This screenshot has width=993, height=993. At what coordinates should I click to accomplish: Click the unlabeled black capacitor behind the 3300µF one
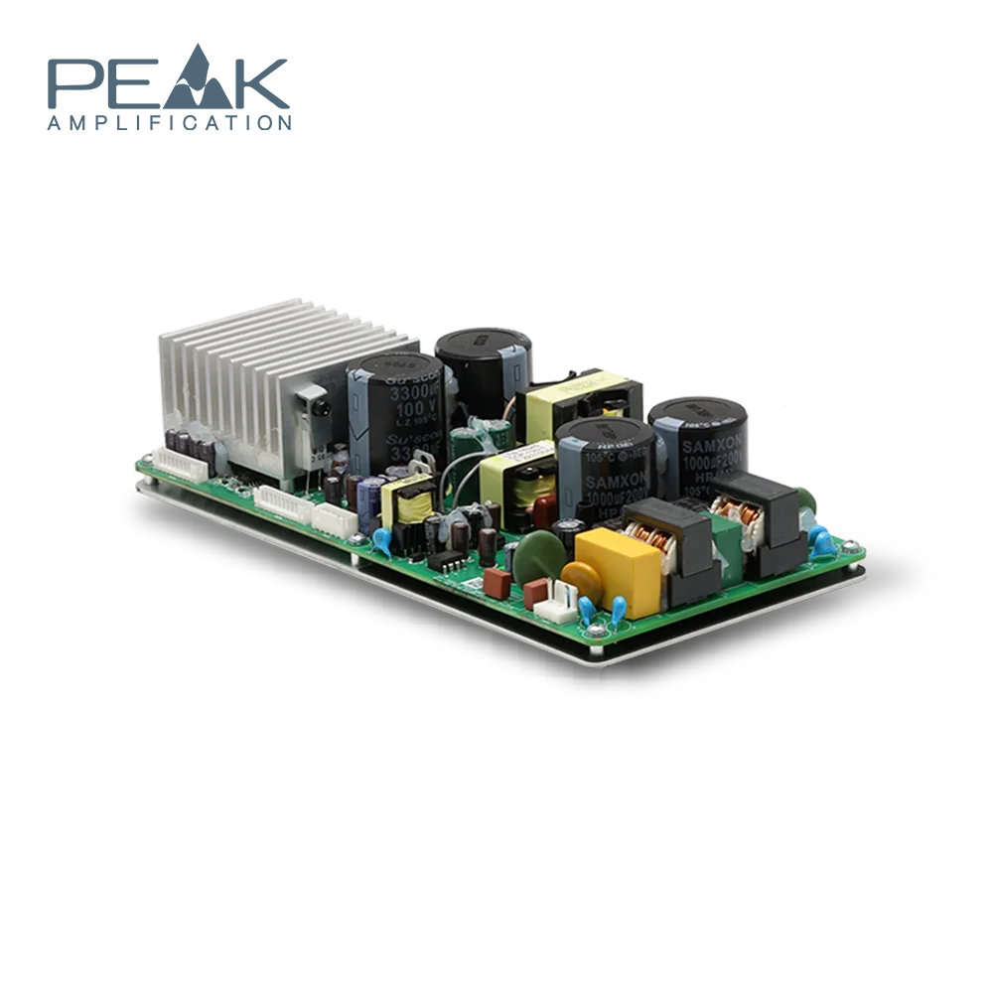tap(484, 367)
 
